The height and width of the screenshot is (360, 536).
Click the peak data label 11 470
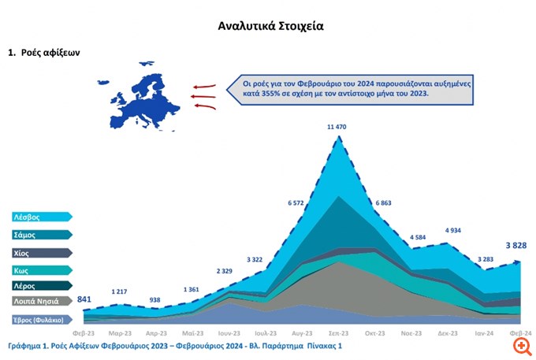click(x=341, y=126)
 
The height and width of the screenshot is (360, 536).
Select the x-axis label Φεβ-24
click(x=520, y=333)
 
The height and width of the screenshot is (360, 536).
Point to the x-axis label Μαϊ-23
click(x=194, y=333)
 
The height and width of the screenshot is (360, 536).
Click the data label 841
click(x=84, y=299)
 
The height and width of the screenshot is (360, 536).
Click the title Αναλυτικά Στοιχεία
click(x=270, y=26)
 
